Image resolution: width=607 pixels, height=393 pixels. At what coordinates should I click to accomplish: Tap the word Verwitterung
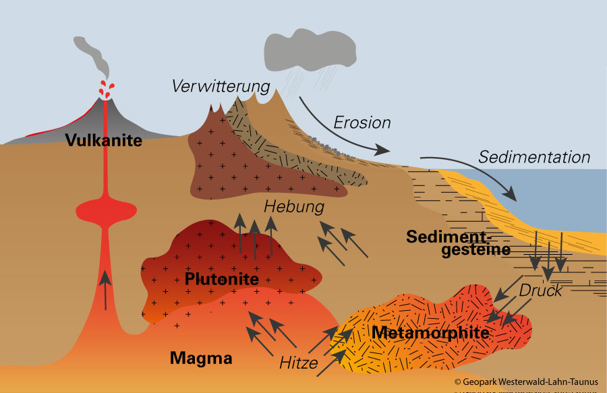[221, 87]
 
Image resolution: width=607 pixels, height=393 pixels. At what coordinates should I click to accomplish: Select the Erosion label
[362, 123]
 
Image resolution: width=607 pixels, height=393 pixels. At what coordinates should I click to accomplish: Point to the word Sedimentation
[534, 157]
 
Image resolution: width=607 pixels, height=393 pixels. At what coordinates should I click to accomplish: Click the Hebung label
[294, 206]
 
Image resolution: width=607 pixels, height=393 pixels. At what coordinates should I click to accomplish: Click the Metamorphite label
[430, 332]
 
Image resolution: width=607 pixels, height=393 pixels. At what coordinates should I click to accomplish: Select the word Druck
[540, 291]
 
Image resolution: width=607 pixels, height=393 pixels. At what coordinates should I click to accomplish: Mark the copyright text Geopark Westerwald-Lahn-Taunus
[526, 382]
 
